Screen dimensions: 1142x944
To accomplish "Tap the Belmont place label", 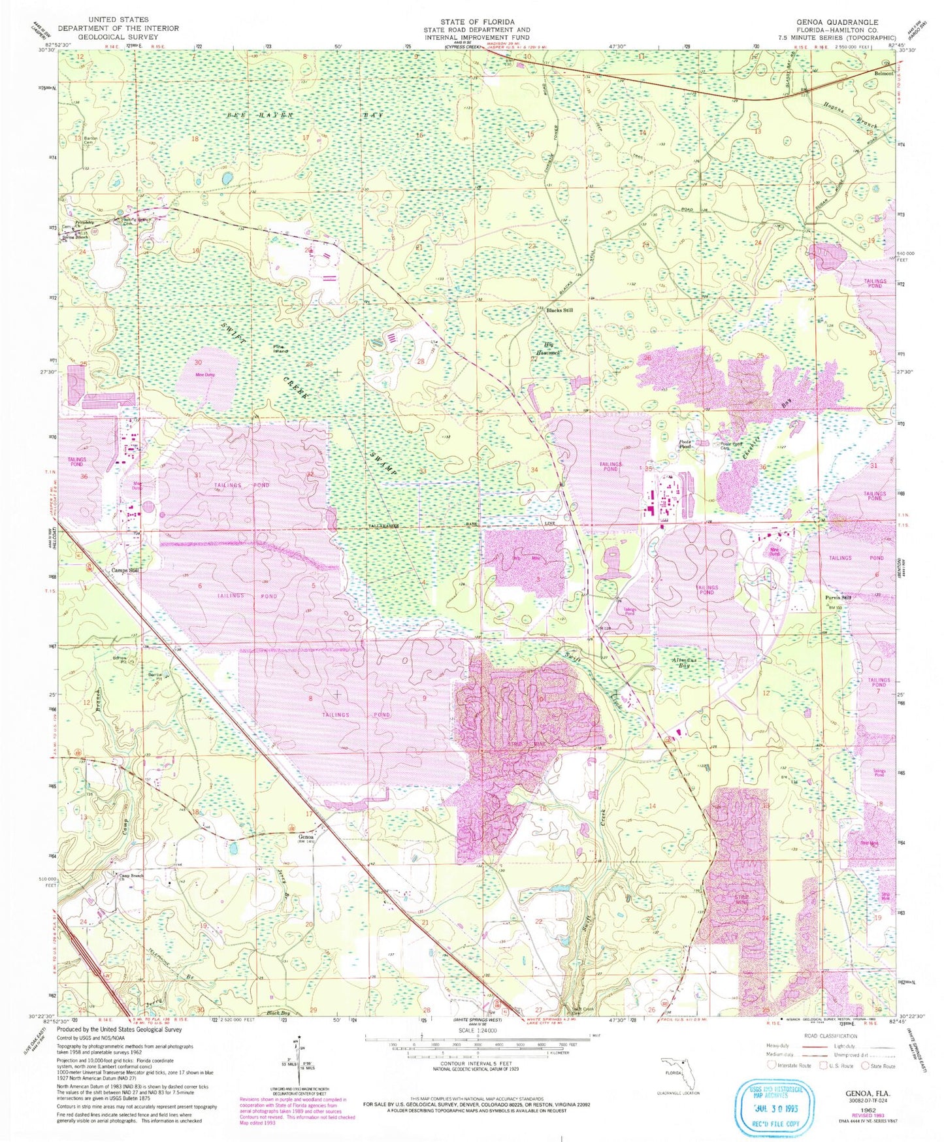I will click(x=883, y=74).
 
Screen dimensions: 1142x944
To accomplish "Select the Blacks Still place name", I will click(x=559, y=310).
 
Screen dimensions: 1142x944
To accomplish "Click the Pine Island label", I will click(x=280, y=349).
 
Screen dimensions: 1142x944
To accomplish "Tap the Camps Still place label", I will click(x=125, y=570).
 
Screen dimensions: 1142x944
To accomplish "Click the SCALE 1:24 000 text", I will click(x=478, y=1030).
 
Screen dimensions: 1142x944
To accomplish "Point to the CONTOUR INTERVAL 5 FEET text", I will click(x=478, y=1064).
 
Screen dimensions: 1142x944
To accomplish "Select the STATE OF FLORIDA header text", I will click(x=477, y=22).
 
